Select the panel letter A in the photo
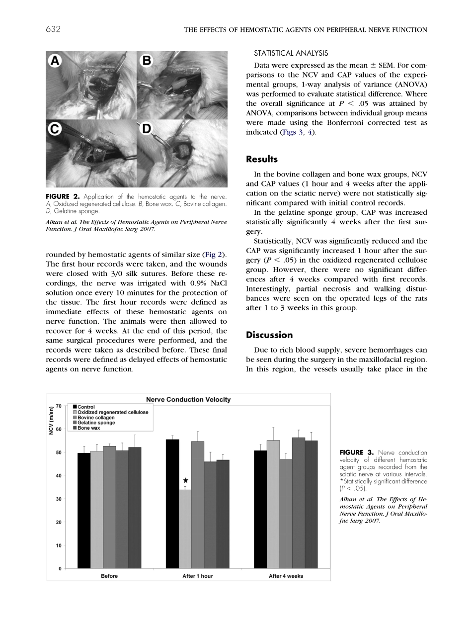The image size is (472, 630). point(55,61)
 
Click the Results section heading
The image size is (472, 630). point(262,160)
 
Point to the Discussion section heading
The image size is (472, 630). point(269,335)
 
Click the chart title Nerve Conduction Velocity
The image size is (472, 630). point(188,399)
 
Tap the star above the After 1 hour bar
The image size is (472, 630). point(185,480)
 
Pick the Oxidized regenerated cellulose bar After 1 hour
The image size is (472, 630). point(185,529)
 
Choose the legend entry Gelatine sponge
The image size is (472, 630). point(96,423)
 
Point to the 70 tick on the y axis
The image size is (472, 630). point(59,406)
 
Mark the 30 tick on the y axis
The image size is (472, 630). point(59,499)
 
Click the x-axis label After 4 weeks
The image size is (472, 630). point(286,576)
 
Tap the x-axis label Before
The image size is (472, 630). point(109,576)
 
